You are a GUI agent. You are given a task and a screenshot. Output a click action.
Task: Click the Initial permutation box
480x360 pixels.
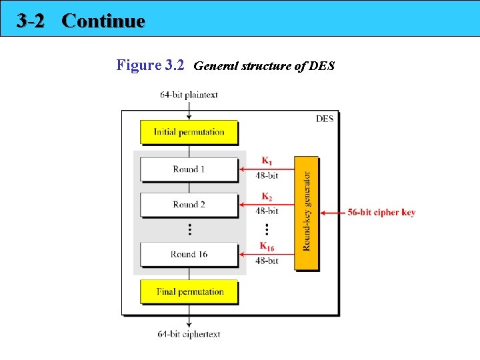[189, 132]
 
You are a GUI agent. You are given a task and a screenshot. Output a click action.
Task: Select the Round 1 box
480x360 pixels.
[189, 169]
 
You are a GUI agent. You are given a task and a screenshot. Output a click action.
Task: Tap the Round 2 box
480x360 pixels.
[189, 205]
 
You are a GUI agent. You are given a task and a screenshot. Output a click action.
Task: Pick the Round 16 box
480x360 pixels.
[189, 254]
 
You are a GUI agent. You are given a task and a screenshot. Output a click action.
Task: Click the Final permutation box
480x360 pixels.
[189, 291]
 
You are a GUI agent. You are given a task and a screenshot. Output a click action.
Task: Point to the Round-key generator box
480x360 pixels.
[307, 213]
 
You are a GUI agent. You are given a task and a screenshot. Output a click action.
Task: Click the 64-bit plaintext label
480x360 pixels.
[189, 95]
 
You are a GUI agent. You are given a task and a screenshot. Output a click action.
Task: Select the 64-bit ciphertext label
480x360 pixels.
[189, 334]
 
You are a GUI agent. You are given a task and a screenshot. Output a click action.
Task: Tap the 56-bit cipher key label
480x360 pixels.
[381, 213]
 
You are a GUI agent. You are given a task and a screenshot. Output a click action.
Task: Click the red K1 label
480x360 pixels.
[266, 161]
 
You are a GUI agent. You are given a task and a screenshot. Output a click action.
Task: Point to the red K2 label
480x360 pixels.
[266, 197]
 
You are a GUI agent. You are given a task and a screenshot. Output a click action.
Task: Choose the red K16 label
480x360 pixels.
[267, 247]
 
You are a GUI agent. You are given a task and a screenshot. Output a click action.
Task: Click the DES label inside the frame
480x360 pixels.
[324, 119]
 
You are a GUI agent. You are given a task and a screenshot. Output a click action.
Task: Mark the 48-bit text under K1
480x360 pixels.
[267, 176]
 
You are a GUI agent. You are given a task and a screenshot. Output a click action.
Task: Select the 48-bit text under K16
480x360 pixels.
[267, 261]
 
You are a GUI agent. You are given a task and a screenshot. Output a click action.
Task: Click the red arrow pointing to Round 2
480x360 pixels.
[267, 204]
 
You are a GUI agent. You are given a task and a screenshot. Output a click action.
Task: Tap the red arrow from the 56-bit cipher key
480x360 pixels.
[333, 213]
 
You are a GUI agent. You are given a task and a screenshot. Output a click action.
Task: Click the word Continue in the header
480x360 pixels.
[103, 21]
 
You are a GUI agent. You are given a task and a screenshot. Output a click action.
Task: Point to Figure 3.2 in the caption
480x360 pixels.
[150, 65]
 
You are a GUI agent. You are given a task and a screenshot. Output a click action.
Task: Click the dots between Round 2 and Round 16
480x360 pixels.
[189, 229]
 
